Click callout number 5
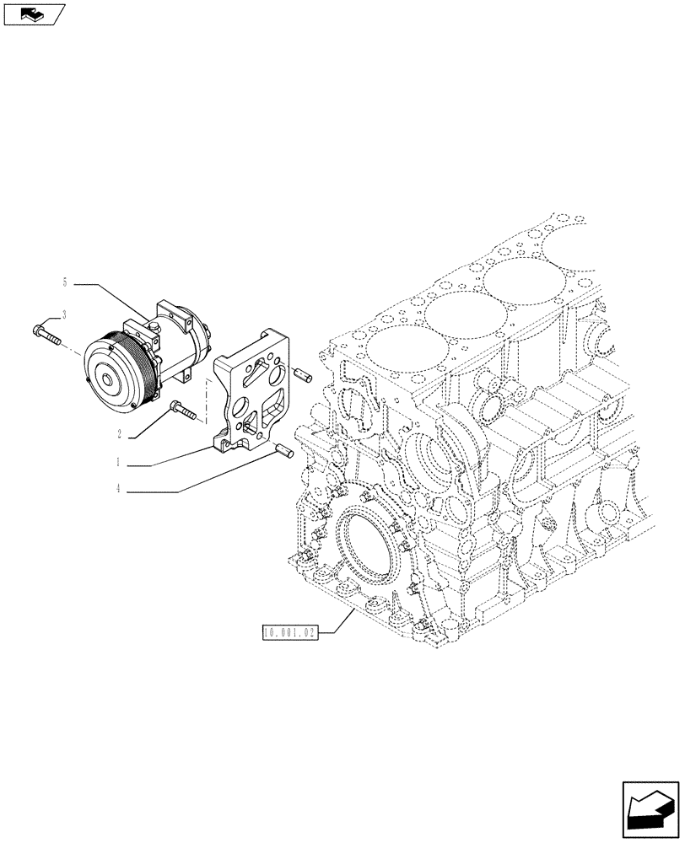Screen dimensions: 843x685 [x=64, y=283]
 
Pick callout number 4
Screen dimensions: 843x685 [x=121, y=489]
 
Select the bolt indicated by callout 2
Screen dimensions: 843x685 [x=181, y=411]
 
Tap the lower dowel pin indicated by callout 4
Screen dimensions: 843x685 [x=282, y=454]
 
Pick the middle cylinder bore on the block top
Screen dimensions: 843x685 [x=461, y=317]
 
